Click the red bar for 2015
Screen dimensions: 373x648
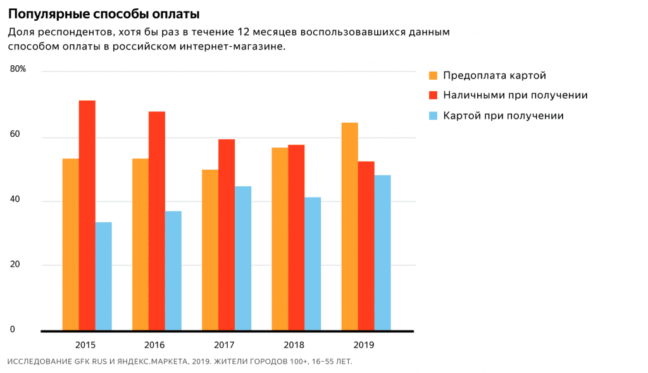point(87,215)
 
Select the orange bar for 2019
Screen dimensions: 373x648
point(349,226)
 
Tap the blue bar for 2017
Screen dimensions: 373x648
point(243,258)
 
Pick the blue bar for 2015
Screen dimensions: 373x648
point(104,276)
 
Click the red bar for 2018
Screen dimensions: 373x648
point(296,237)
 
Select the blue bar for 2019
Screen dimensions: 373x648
point(382,253)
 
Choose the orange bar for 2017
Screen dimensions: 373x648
point(210,250)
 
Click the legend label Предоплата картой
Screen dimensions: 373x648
point(494,76)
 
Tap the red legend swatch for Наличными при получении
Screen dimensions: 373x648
point(433,96)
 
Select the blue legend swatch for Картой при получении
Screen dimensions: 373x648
point(433,116)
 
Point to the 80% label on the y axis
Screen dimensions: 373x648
point(18,69)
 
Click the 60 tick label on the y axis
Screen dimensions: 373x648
point(15,134)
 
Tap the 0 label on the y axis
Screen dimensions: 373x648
point(12,329)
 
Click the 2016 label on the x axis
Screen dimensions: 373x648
point(154,345)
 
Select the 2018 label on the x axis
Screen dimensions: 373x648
point(294,345)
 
